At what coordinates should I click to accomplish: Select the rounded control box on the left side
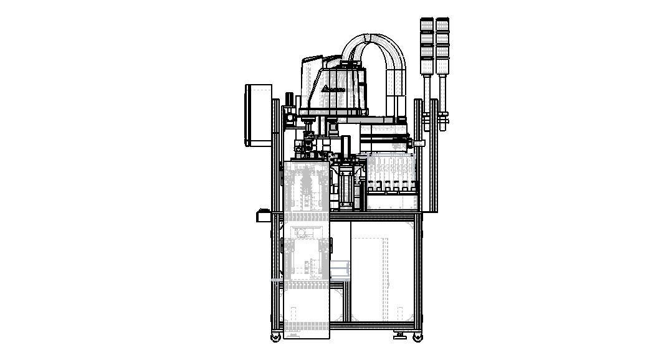[259, 115]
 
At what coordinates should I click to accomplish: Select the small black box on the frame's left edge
[262, 216]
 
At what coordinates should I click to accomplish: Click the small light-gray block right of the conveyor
[340, 270]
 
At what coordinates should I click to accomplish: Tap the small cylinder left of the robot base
[289, 100]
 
